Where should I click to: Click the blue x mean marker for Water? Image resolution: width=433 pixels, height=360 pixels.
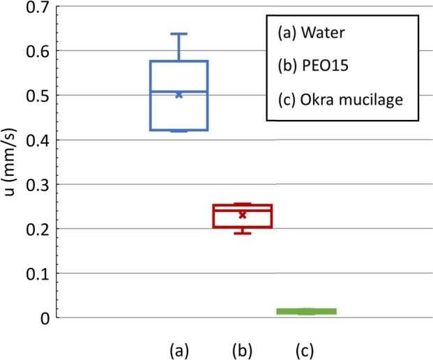[x=179, y=94]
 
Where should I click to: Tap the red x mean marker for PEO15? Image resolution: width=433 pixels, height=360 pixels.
[x=243, y=215]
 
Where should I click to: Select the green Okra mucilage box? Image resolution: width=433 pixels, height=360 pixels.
[x=306, y=311]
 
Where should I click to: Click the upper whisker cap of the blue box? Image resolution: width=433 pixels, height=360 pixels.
[x=179, y=33]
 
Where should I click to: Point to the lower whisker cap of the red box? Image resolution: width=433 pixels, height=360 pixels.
[x=243, y=233]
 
